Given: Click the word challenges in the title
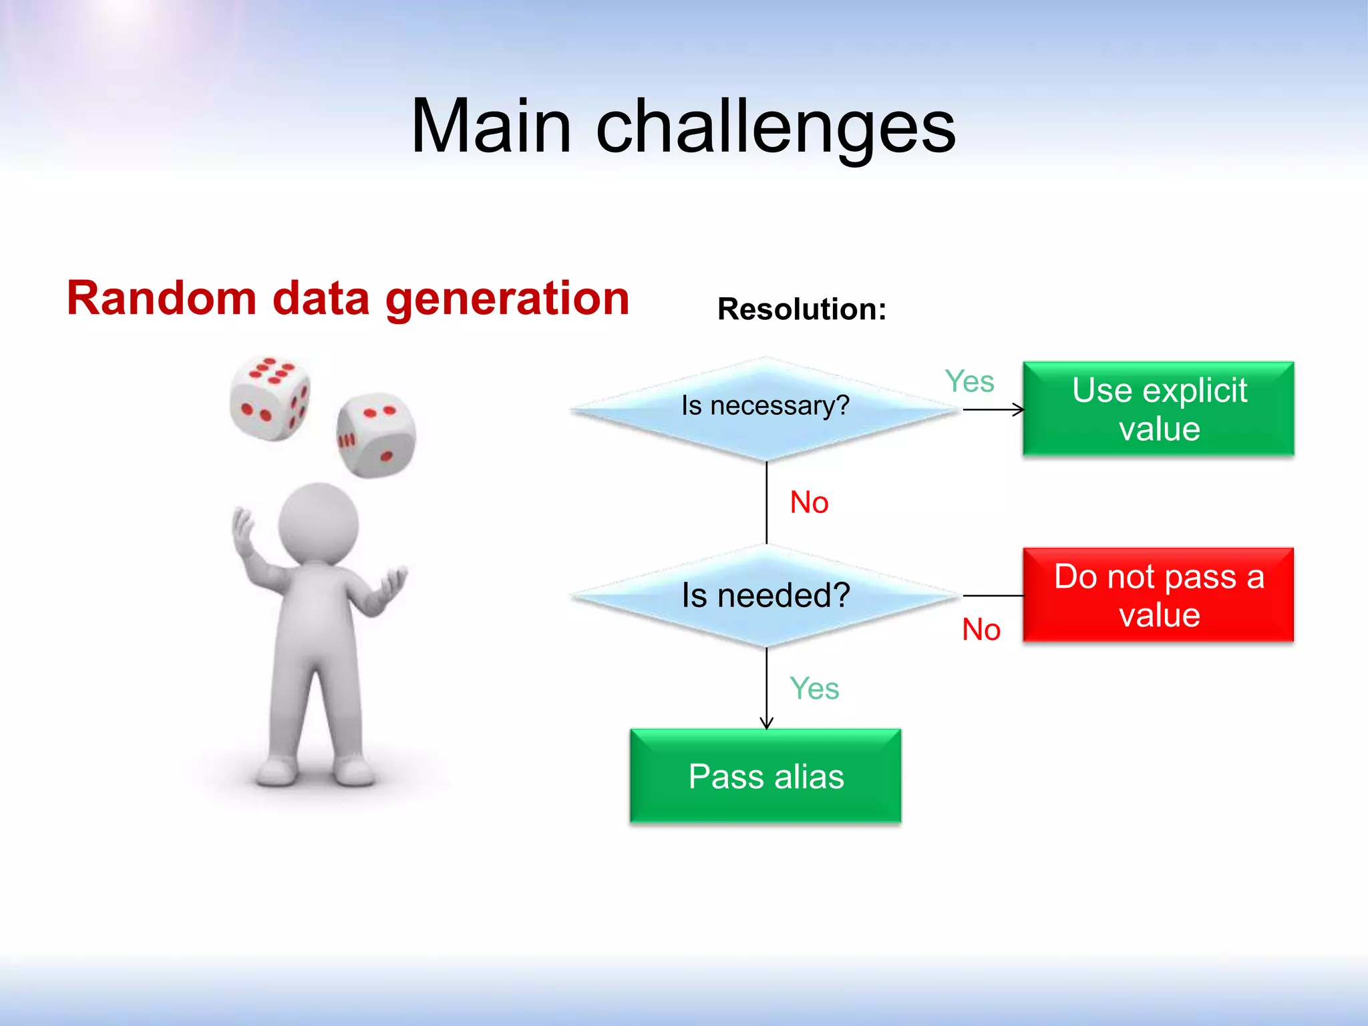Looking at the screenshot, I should tap(775, 127).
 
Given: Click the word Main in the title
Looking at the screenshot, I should tap(491, 127).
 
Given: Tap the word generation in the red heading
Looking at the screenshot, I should tap(508, 299).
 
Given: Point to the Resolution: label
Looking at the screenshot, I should tap(802, 309).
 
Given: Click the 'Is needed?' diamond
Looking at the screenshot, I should tap(765, 595).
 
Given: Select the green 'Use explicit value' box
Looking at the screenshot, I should tap(1158, 409).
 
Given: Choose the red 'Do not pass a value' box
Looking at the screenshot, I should tap(1158, 595).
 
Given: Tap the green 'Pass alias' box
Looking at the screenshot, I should tap(765, 776).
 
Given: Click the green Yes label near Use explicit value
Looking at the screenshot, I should tap(969, 382).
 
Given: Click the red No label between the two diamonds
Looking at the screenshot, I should tap(809, 502).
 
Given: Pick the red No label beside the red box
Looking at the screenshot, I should tap(981, 629).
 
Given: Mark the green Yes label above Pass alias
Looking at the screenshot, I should tap(814, 689).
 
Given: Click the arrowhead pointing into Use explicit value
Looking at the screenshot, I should tap(1018, 409).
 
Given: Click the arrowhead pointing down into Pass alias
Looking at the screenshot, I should tap(766, 723).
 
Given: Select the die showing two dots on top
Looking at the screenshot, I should tap(376, 435).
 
